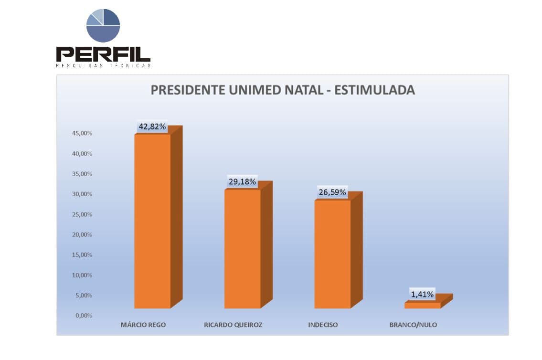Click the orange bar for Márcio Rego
click(152, 221)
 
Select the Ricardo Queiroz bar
click(243, 248)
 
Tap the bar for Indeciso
click(332, 254)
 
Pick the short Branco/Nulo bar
click(423, 305)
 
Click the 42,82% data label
click(152, 127)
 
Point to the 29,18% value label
click(243, 182)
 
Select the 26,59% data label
click(332, 192)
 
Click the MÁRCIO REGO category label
click(143, 325)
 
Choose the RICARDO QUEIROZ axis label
click(233, 325)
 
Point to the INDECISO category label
click(323, 325)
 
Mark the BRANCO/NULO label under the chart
click(413, 325)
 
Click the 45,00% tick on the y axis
click(82, 133)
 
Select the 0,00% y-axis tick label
click(84, 316)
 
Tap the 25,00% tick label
click(82, 214)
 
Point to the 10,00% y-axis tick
click(82, 275)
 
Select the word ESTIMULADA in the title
click(374, 90)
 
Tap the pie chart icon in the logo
click(103, 25)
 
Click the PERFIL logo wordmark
click(103, 54)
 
